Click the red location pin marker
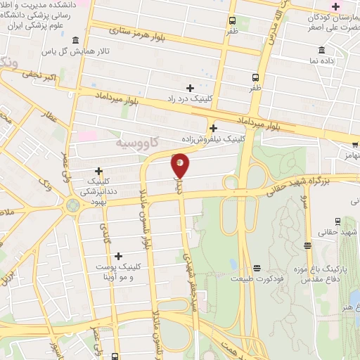pos(181,165)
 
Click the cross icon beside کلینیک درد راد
pos(190,87)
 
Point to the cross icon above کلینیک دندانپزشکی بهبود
pos(98,171)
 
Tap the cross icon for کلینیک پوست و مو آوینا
pos(117,257)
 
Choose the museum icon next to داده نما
pos(321,50)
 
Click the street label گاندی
pos(105,233)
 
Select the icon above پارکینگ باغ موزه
pos(307,245)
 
